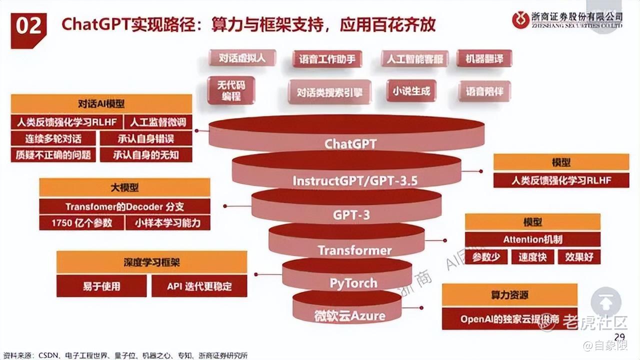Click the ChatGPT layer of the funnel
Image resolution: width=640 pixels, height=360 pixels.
click(x=350, y=143)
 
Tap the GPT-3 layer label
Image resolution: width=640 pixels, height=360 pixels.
click(x=351, y=215)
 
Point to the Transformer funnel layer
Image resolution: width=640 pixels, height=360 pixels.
click(x=354, y=249)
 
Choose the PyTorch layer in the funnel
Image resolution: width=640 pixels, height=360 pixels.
click(x=353, y=283)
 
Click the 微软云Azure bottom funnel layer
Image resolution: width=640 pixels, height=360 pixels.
click(x=349, y=315)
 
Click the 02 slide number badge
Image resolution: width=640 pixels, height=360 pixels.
click(x=28, y=27)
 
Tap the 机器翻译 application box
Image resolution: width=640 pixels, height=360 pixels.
click(x=484, y=59)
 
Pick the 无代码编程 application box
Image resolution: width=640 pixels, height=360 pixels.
click(x=231, y=90)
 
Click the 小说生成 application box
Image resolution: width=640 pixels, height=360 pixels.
click(x=411, y=91)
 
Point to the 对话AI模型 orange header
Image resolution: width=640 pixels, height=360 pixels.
click(x=101, y=104)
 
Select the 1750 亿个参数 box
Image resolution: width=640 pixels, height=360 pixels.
click(x=81, y=223)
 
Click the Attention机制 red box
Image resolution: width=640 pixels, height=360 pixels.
click(x=532, y=239)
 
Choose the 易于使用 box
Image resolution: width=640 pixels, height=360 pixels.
click(x=101, y=286)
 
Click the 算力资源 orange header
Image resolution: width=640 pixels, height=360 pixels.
click(x=509, y=295)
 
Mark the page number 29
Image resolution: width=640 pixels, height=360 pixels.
click(x=619, y=336)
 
